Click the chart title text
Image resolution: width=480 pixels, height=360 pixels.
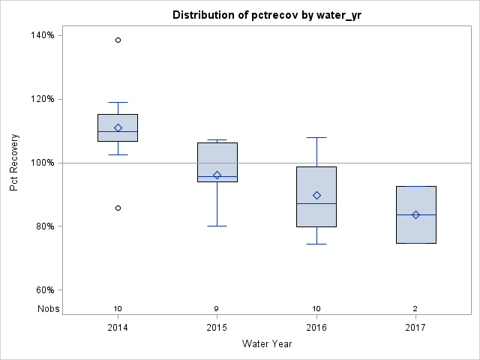point(266,15)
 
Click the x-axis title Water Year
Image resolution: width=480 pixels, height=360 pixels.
point(266,343)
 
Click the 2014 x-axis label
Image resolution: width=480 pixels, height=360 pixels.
point(118,328)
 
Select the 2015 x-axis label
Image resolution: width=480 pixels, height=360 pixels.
point(217,328)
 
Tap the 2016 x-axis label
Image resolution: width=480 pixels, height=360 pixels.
point(316,328)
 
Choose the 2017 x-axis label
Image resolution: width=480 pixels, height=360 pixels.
point(415,328)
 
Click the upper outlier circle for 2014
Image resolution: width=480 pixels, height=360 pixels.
point(118,40)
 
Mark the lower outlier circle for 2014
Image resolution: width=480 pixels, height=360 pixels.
point(118,208)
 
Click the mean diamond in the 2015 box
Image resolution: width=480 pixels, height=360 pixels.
point(217,175)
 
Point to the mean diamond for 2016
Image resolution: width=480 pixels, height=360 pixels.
point(316,195)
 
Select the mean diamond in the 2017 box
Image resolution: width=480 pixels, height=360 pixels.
point(415,214)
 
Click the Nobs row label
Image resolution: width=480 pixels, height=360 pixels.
point(49,308)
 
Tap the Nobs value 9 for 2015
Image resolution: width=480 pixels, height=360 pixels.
point(217,308)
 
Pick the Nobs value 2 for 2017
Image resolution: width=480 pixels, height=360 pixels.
point(415,308)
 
